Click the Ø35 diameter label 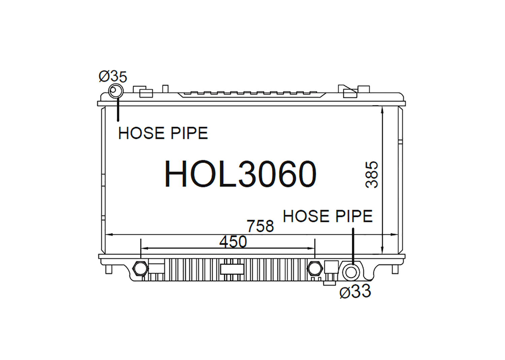click(113, 77)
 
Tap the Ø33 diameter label click(356, 291)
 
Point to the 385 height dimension click(371, 174)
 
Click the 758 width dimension click(260, 226)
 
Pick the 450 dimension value click(233, 242)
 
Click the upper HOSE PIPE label click(163, 133)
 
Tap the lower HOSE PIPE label click(328, 216)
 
